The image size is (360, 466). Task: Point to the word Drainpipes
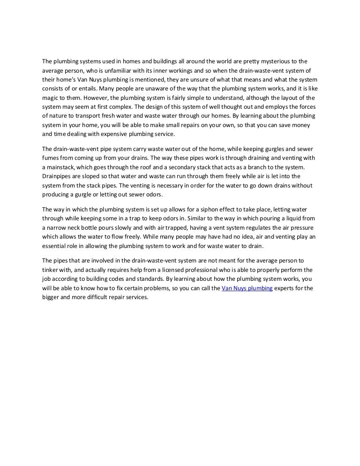tap(58, 177)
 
